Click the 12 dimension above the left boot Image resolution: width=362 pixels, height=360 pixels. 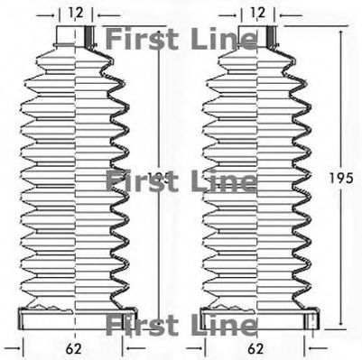75,13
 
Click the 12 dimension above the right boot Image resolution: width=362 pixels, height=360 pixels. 258,13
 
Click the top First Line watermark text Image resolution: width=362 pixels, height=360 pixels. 181,39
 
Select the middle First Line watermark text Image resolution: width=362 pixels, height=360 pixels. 181,180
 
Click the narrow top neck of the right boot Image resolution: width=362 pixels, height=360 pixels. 257,36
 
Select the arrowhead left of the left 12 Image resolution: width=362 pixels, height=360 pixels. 55,14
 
